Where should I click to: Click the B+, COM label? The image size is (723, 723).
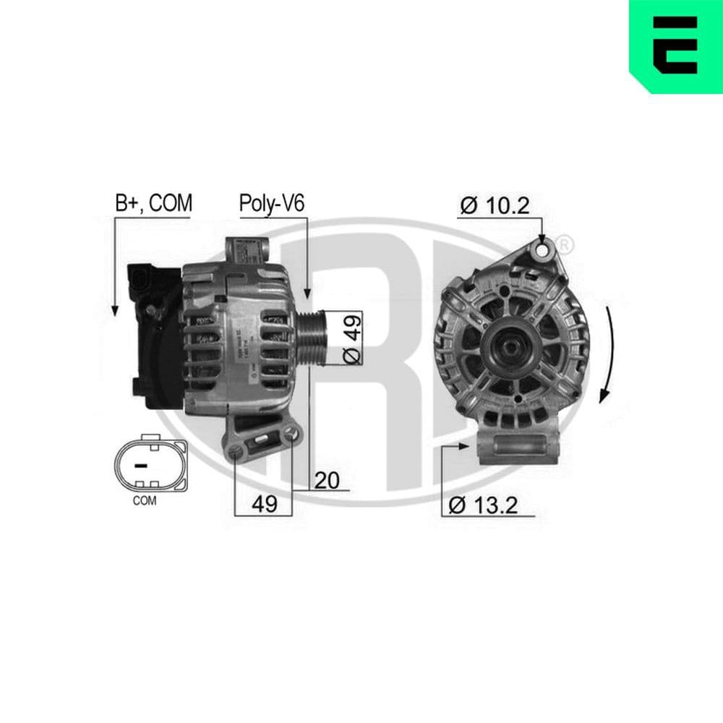[x=153, y=204]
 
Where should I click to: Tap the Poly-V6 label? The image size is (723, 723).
[x=273, y=204]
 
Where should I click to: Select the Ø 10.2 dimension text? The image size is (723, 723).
[x=495, y=206]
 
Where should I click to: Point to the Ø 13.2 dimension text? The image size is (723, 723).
[x=482, y=505]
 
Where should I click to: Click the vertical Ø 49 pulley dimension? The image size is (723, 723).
[x=351, y=338]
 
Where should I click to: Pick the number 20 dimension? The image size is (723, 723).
[x=328, y=480]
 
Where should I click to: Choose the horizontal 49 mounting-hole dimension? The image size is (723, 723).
[x=265, y=503]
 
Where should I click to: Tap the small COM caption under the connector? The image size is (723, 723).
[x=145, y=500]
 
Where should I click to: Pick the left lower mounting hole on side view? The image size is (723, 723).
[x=236, y=453]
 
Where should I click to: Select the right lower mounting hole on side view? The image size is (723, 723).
[x=291, y=435]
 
